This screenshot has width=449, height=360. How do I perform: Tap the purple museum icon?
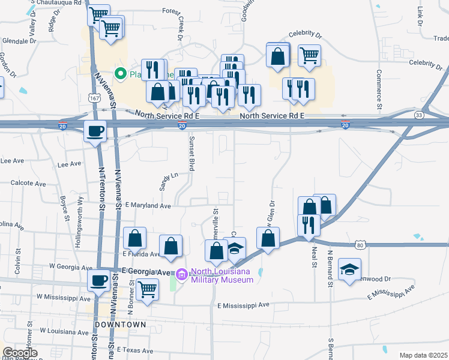point(181,274)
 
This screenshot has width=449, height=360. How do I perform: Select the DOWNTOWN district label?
point(120,324)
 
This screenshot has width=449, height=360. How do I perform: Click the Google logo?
point(20,353)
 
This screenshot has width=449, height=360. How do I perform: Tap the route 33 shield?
point(419,115)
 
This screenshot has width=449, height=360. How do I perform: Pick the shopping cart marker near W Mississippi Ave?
point(147,290)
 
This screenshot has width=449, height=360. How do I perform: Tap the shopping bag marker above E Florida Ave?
point(135,239)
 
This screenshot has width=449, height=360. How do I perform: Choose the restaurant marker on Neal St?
point(309,225)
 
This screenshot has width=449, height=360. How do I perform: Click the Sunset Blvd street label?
point(192,154)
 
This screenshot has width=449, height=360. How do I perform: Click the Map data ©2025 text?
point(423,355)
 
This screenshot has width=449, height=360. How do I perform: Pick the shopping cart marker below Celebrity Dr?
point(309,55)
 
